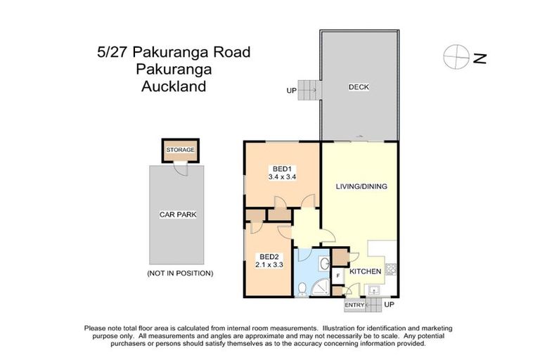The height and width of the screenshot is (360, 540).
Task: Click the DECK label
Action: (x=359, y=87)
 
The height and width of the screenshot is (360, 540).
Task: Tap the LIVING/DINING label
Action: (x=361, y=186)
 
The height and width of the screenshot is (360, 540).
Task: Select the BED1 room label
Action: (x=282, y=169)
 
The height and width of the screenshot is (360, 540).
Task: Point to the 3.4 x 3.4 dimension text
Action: (x=282, y=178)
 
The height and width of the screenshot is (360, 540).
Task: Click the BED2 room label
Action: (x=267, y=256)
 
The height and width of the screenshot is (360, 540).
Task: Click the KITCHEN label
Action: (x=365, y=271)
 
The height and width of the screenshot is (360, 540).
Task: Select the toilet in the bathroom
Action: (x=302, y=288)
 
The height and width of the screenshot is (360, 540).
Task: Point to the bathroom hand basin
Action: (x=323, y=264)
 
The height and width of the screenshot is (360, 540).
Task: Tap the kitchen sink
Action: (x=374, y=290)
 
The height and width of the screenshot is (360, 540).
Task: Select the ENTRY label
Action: (x=354, y=305)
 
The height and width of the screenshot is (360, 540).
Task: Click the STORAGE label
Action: (x=180, y=150)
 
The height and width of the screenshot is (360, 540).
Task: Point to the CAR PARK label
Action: (x=177, y=214)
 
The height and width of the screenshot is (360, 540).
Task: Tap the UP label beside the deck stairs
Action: (x=291, y=91)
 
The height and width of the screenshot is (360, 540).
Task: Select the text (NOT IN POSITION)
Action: (x=179, y=273)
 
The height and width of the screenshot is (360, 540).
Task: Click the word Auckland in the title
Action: (x=173, y=87)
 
